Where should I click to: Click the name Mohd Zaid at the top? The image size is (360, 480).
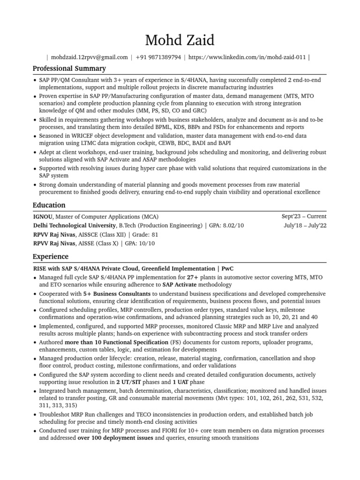180,40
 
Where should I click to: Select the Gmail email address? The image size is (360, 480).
89,58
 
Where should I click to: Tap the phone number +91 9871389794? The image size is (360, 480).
158,58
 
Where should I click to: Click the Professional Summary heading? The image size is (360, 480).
69,69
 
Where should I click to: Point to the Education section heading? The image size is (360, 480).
49,205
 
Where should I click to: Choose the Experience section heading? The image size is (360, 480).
50,257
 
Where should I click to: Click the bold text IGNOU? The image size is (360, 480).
43,217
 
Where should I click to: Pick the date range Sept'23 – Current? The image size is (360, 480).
304,217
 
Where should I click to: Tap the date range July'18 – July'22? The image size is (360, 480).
305,225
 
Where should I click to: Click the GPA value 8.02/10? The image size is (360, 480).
233,225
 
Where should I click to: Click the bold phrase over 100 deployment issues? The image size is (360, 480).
115,438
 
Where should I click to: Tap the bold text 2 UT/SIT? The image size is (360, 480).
130,382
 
